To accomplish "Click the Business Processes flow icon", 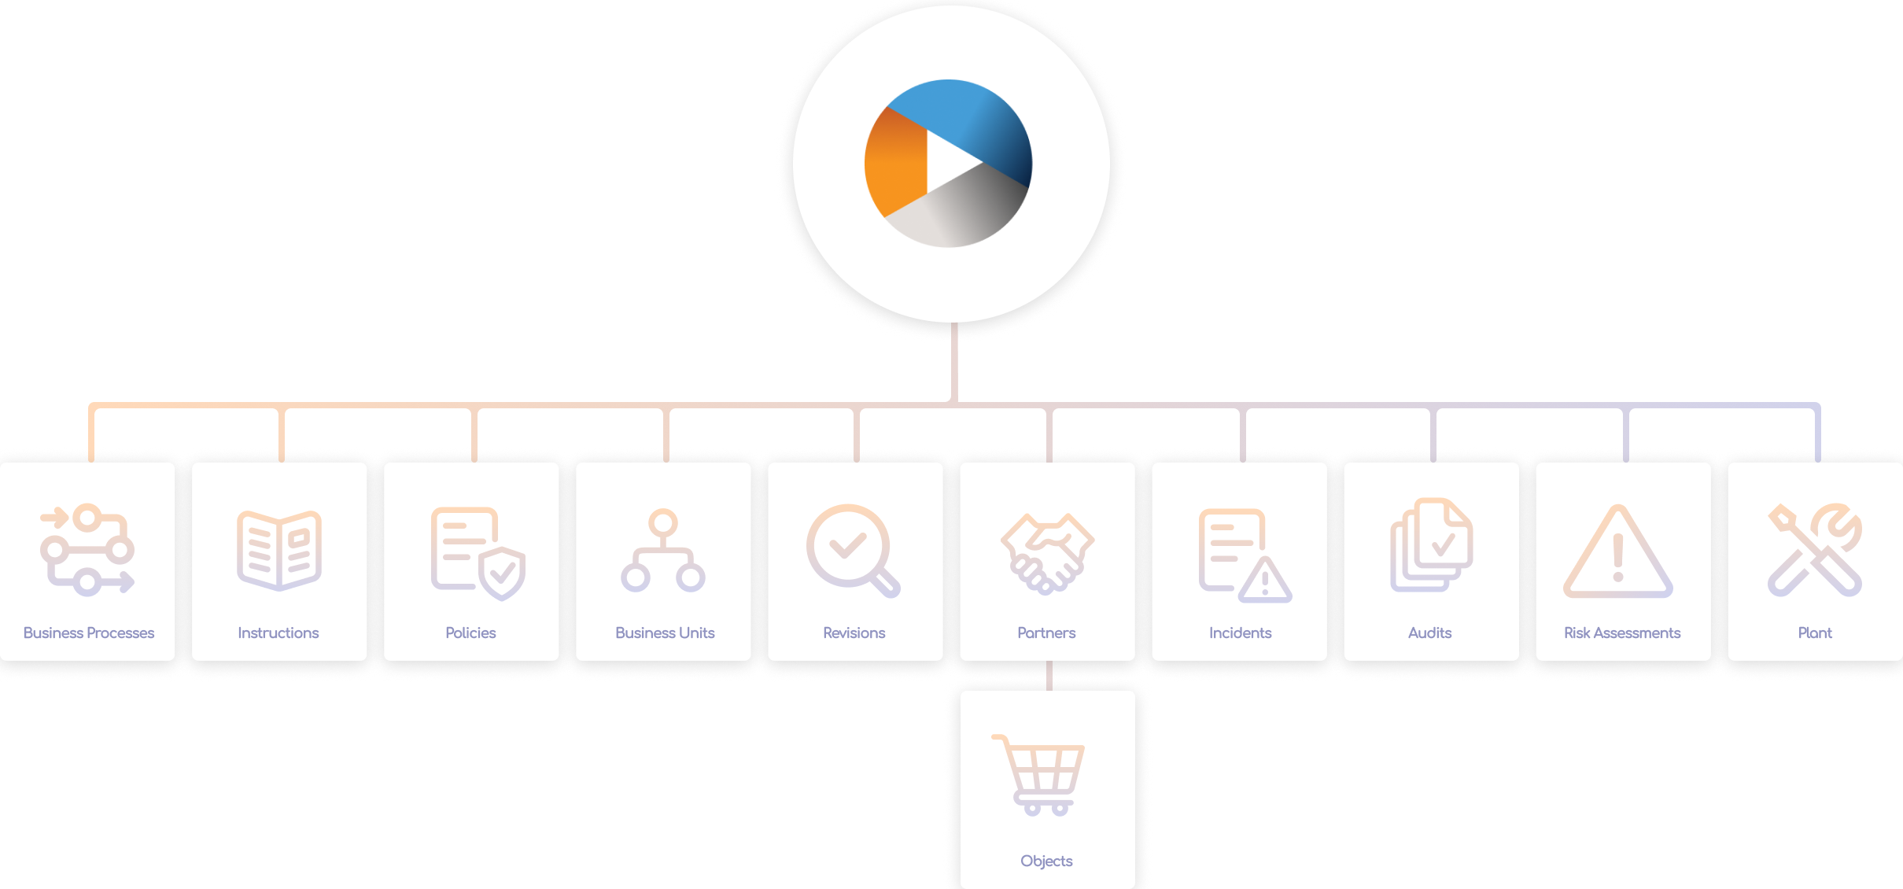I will pos(87,549).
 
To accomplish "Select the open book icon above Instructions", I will pos(279,550).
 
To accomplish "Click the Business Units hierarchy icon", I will pos(663,551).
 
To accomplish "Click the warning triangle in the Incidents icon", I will pos(1265,581).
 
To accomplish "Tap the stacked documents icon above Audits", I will pos(1431,545).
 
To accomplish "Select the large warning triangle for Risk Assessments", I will pos(1618,554).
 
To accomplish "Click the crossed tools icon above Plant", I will pos(1815,550).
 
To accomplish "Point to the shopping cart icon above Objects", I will pos(1040,775).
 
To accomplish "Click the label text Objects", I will pos(1046,861).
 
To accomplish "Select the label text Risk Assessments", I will pos(1622,633).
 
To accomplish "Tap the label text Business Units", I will pos(665,633).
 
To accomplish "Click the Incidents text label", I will pos(1240,633).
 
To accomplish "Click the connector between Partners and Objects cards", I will pos(1049,676).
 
